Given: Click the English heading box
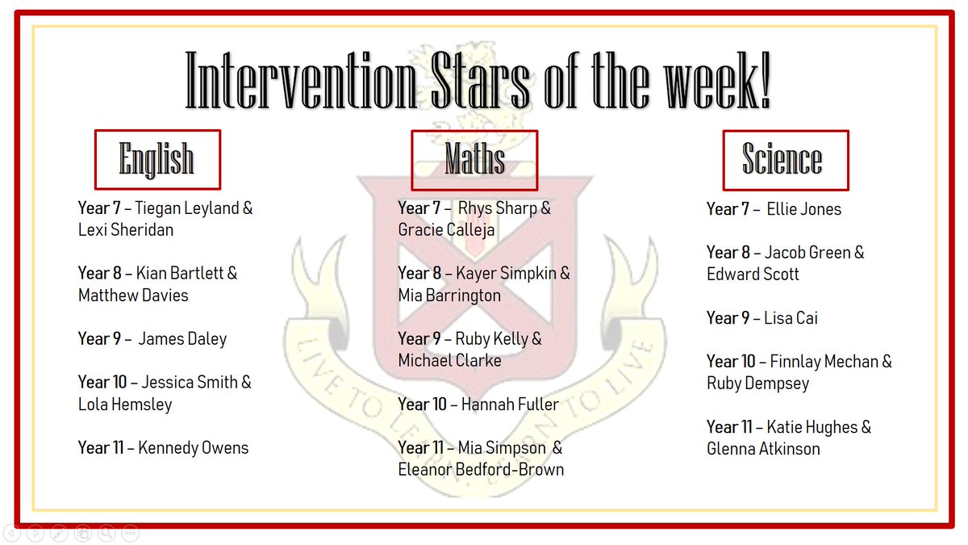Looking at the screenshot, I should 157,159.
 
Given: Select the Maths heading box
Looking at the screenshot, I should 474,159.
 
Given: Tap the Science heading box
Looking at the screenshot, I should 784,159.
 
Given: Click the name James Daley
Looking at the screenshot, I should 182,339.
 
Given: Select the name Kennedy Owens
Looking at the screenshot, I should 194,447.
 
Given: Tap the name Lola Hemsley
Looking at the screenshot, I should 125,405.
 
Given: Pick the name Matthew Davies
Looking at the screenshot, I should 133,296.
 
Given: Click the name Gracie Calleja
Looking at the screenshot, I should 446,230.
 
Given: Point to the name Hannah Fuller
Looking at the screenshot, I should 510,404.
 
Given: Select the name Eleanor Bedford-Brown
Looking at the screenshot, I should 481,469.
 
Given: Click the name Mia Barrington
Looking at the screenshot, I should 449,296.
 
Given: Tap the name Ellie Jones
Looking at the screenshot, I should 803,209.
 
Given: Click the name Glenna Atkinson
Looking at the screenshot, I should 763,449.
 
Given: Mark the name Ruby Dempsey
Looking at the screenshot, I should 757,384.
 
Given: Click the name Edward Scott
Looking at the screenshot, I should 753,275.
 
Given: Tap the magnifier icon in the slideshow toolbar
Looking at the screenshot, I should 106,533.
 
